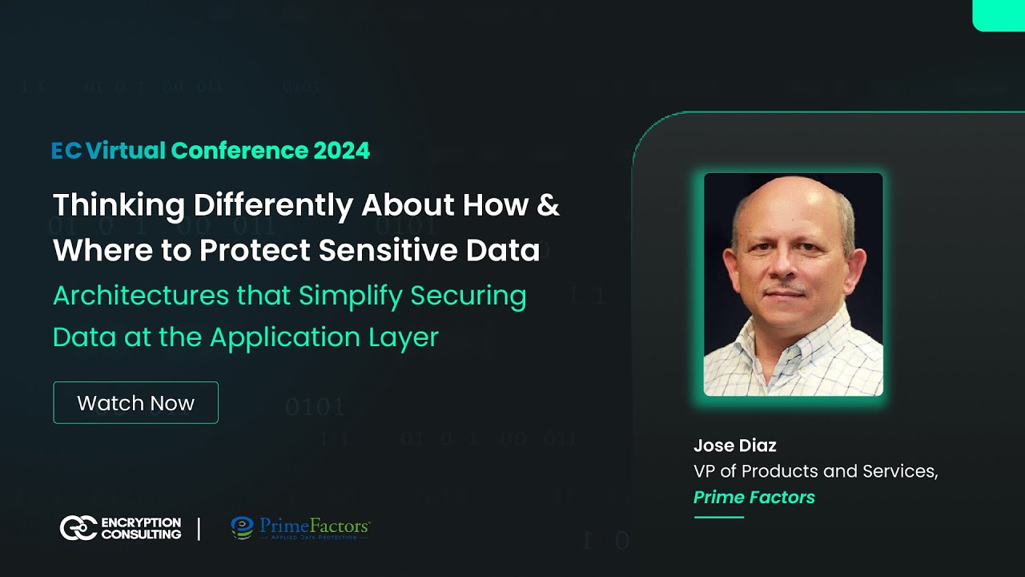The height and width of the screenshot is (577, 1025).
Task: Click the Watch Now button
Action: click(135, 402)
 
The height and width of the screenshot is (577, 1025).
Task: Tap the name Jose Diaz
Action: click(735, 446)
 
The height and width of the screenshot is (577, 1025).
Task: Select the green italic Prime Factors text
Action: click(754, 497)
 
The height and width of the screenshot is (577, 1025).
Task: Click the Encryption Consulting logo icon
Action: click(78, 528)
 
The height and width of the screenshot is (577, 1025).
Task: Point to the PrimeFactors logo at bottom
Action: click(300, 528)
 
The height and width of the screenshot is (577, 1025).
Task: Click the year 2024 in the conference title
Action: click(342, 151)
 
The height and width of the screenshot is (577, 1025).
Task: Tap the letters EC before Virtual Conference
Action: click(66, 151)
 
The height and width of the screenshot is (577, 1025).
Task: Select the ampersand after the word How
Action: click(548, 205)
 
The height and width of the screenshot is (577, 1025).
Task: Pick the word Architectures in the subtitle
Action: click(140, 295)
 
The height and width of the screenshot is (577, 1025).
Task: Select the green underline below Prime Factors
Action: click(718, 517)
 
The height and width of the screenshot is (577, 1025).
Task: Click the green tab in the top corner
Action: click(999, 14)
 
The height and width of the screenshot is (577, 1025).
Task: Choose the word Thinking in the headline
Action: click(119, 205)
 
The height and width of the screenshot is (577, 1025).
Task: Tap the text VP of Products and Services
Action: click(815, 471)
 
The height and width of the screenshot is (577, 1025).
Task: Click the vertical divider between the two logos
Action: click(199, 528)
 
